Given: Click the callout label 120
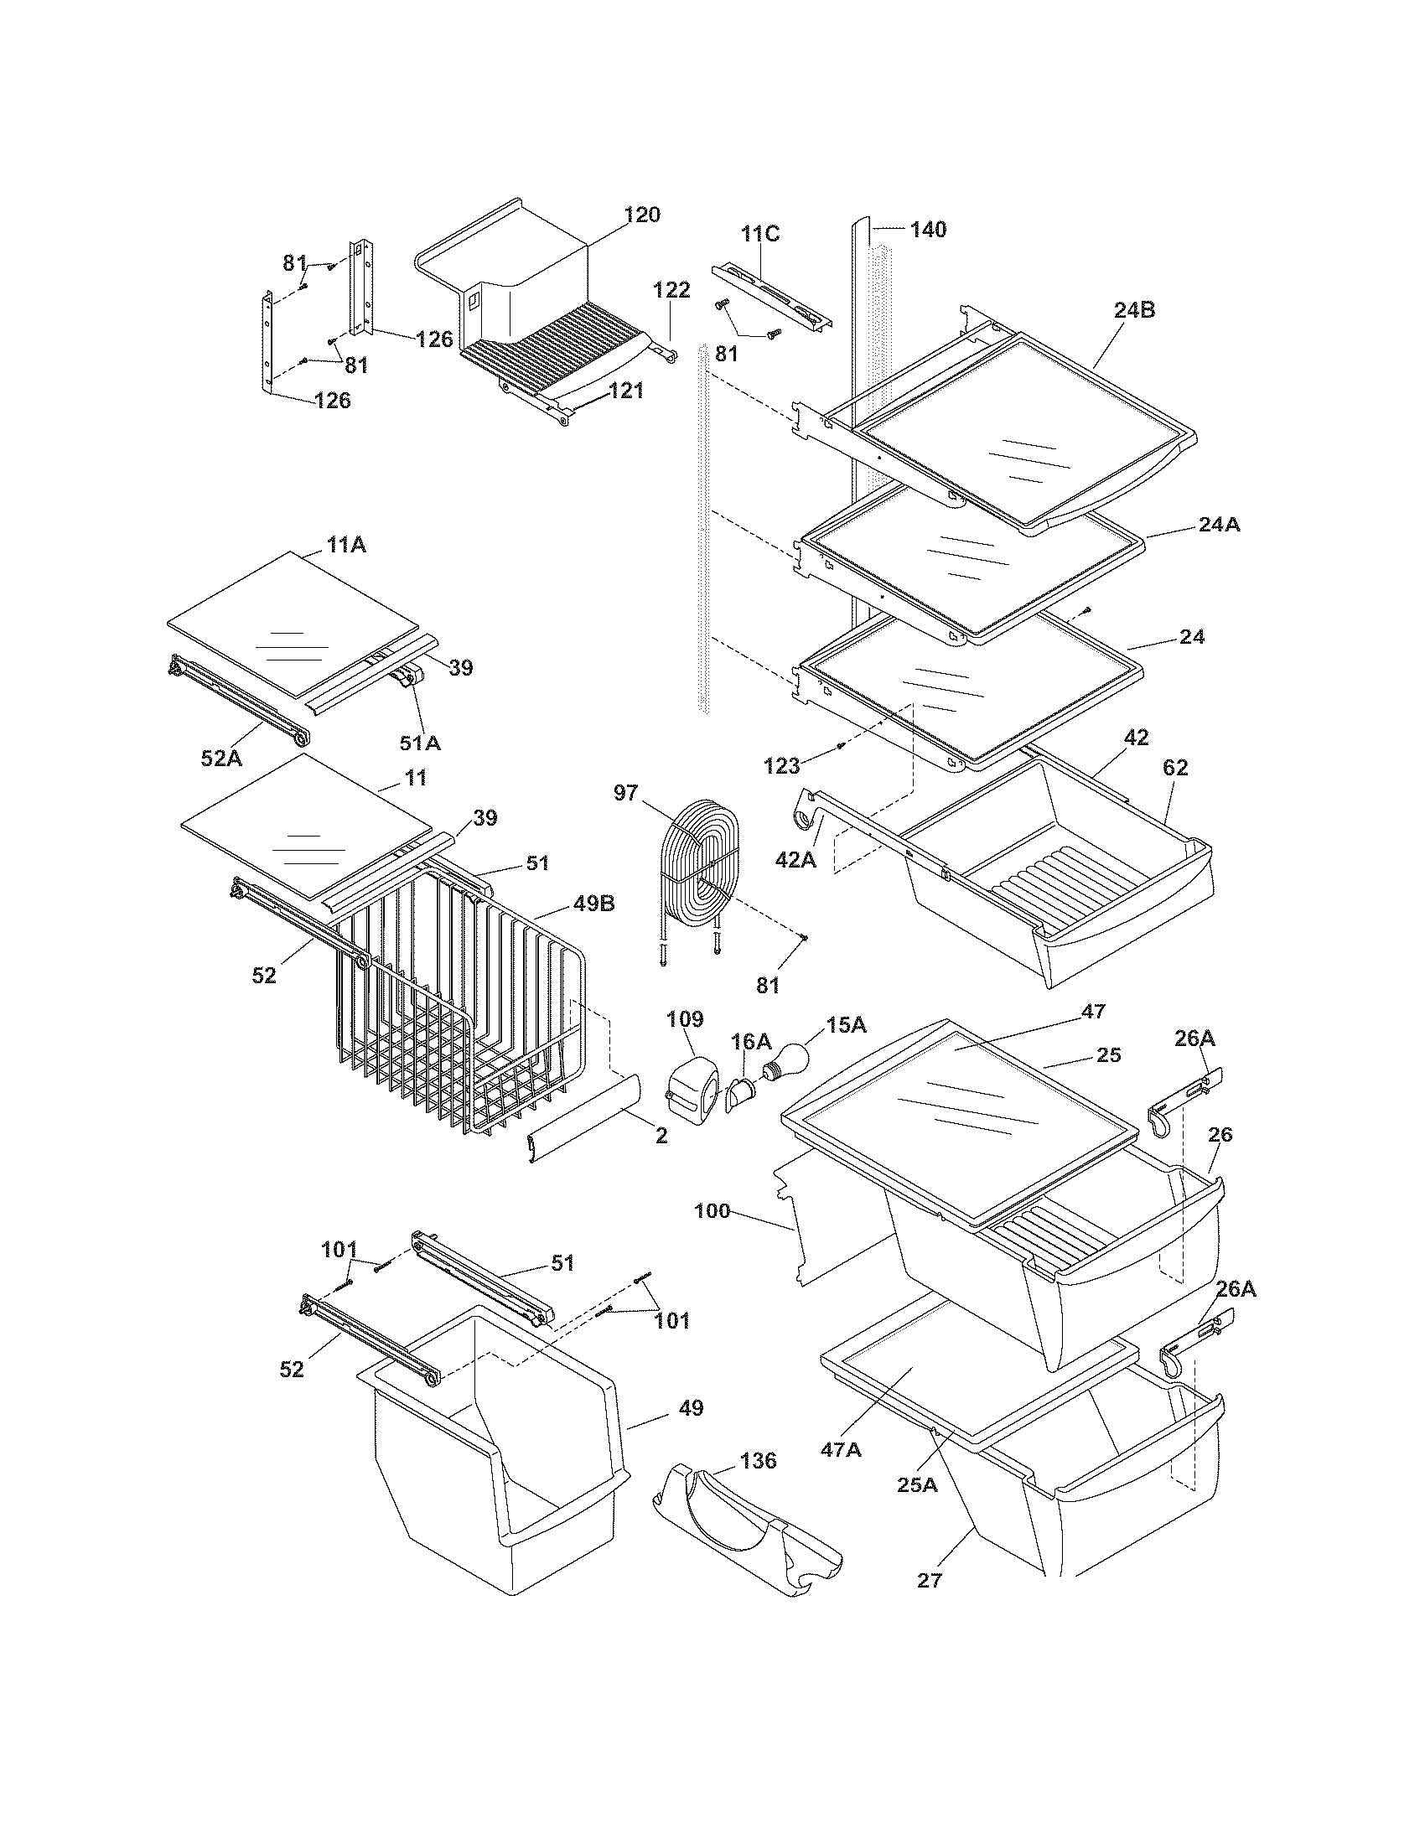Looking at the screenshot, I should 642,215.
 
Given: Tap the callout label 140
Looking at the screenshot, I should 928,230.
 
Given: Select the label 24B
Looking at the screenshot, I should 1134,310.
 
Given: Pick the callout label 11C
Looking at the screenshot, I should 760,233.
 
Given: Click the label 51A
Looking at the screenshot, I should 420,743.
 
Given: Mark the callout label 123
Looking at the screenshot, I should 782,766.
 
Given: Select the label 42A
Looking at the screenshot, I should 796,858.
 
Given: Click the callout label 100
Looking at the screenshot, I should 712,1212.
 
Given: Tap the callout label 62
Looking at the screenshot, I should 1175,768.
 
